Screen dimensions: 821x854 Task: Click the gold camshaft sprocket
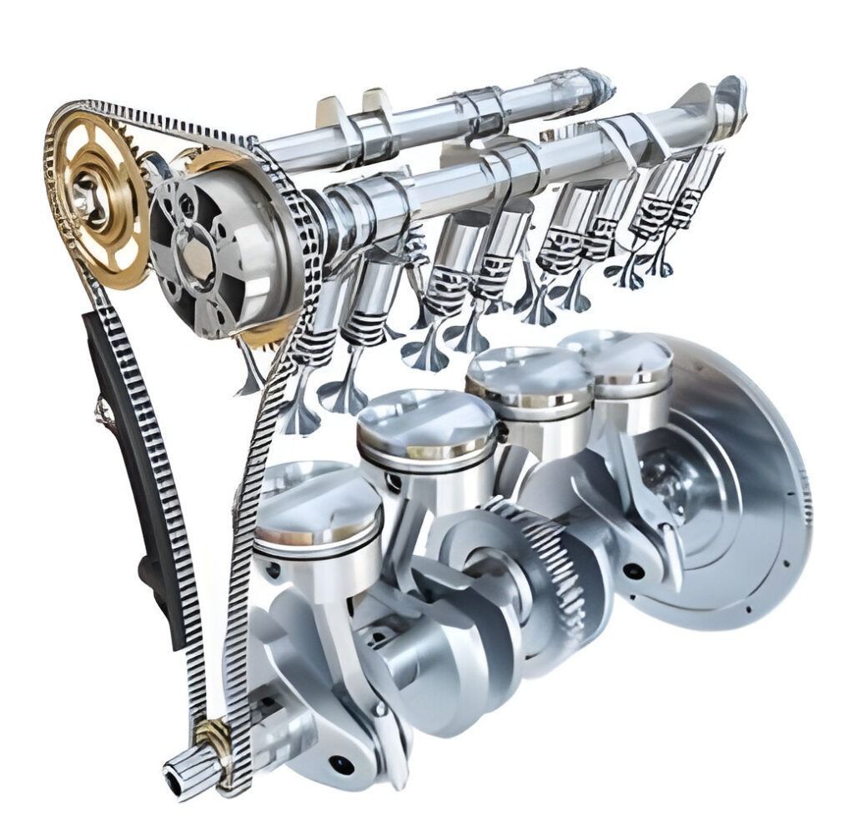tap(98, 200)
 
